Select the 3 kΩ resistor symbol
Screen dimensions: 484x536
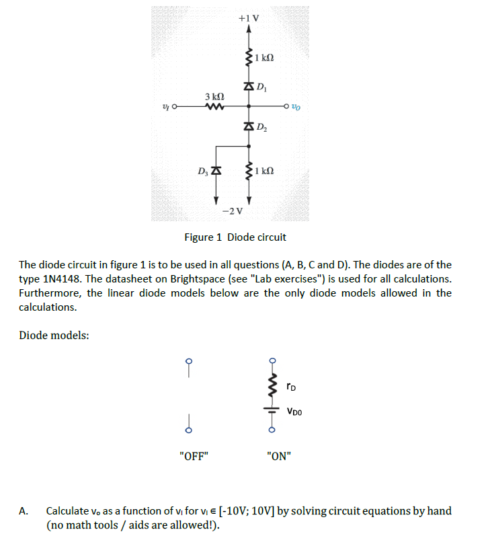215,106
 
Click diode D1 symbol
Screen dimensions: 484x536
248,86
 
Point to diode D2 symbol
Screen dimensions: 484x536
248,126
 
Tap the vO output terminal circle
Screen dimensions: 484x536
288,106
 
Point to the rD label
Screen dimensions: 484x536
290,387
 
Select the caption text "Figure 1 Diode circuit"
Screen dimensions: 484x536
235,237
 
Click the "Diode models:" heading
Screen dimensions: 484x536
54,335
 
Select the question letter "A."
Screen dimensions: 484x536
24,511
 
